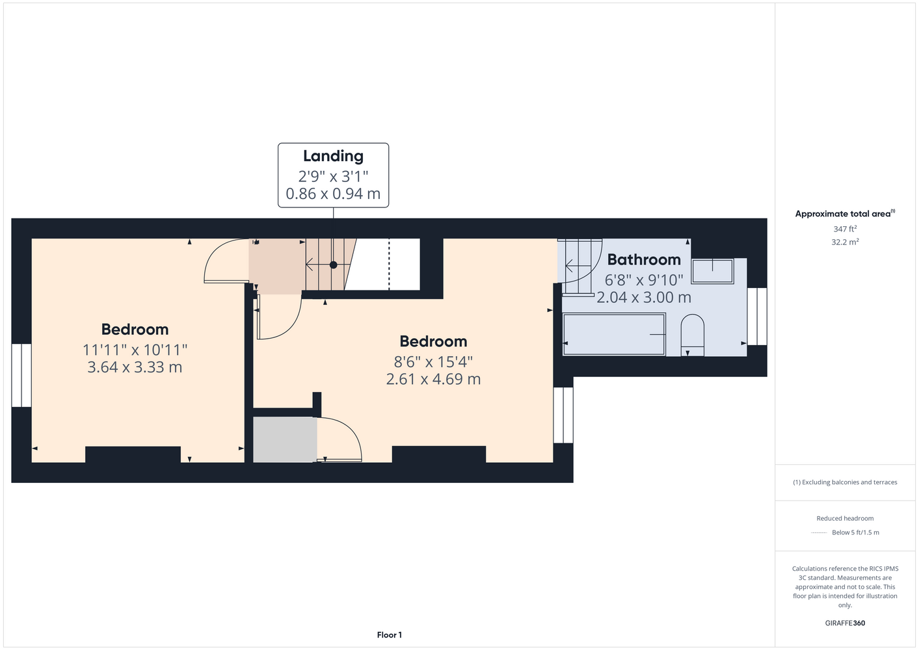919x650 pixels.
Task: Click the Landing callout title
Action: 333,156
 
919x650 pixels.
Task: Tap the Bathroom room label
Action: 644,259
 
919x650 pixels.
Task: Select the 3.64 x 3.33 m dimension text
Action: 135,367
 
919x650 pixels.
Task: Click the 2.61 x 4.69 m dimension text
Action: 433,379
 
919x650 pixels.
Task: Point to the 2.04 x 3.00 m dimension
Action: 644,297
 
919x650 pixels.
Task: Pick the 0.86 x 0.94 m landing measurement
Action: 333,194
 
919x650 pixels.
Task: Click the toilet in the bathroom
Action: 693,335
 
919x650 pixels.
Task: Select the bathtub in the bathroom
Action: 614,334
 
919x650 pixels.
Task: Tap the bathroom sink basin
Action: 712,271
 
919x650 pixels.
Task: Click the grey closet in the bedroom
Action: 285,439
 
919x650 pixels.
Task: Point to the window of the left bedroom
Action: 21,375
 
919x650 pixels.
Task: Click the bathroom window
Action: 757,316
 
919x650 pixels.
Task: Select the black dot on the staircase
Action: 334,265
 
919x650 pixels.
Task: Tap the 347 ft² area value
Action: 845,229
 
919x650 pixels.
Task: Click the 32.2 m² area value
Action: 845,242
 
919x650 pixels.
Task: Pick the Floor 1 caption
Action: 390,635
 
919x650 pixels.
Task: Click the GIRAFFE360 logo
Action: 845,623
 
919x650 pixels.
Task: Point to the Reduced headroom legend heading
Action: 845,518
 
